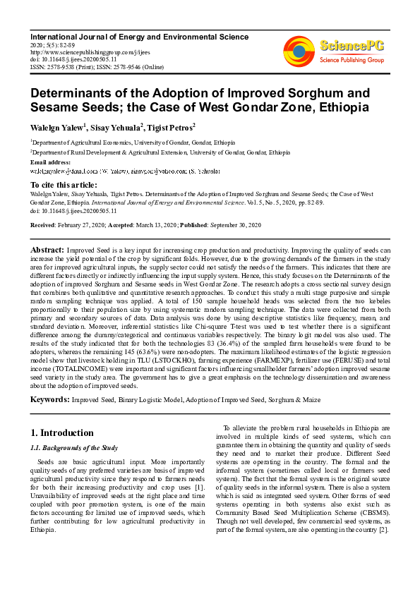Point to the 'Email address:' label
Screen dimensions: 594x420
(x=51, y=162)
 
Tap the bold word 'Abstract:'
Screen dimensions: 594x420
(x=47, y=250)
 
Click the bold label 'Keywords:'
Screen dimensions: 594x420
(x=49, y=400)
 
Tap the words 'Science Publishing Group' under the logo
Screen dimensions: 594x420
(x=352, y=61)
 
